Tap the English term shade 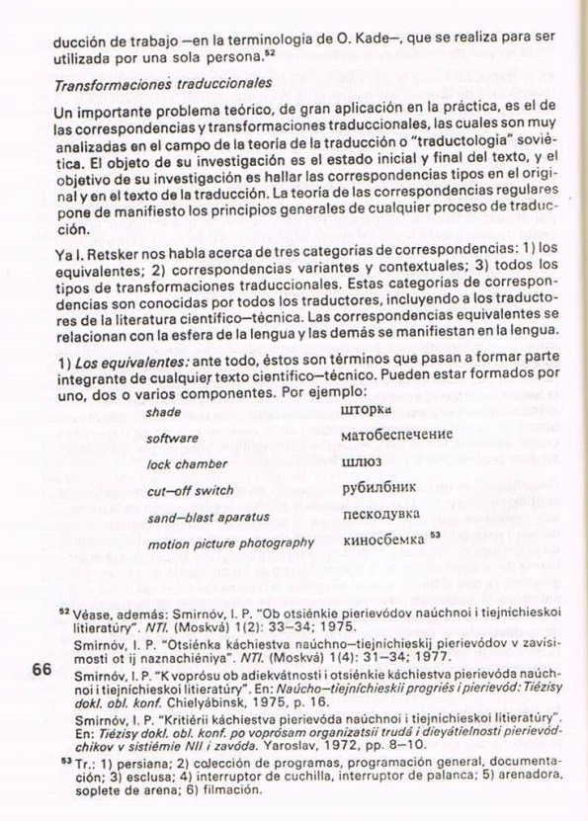[x=163, y=411]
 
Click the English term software [x=172, y=438]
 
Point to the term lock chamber [x=187, y=463]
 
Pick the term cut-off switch [x=190, y=490]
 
